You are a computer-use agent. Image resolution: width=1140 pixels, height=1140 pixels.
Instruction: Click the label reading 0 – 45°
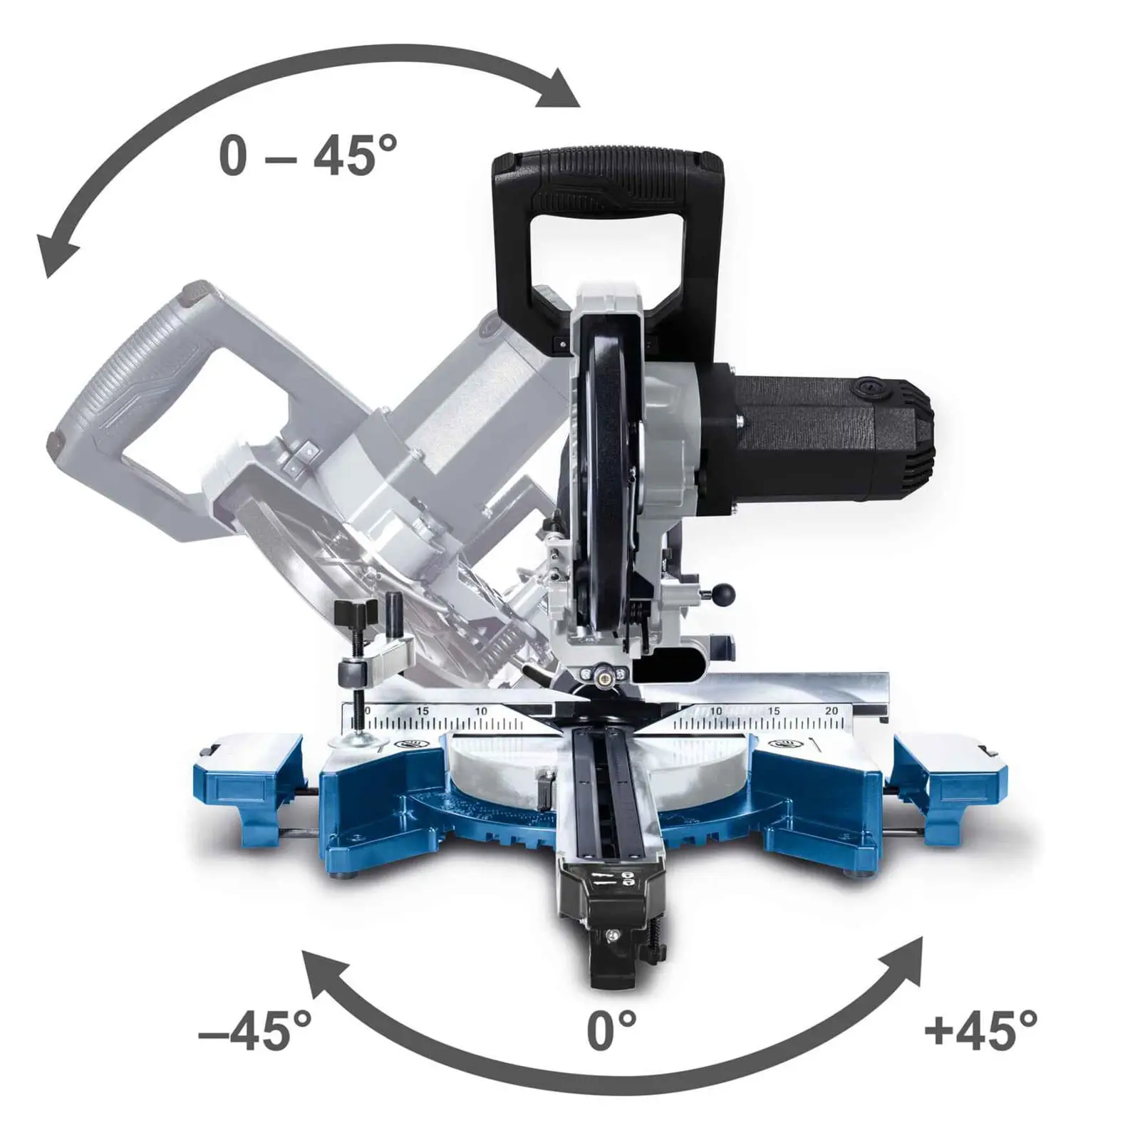308,155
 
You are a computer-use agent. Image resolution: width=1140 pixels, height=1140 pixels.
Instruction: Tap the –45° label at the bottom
254,1029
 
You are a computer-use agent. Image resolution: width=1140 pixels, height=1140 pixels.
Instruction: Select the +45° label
980,1029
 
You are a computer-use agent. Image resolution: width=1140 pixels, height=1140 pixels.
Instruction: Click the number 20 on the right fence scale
831,710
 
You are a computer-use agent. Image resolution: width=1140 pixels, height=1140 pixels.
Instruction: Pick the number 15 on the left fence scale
423,710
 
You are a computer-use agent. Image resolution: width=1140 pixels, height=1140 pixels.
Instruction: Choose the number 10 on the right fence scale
715,710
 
